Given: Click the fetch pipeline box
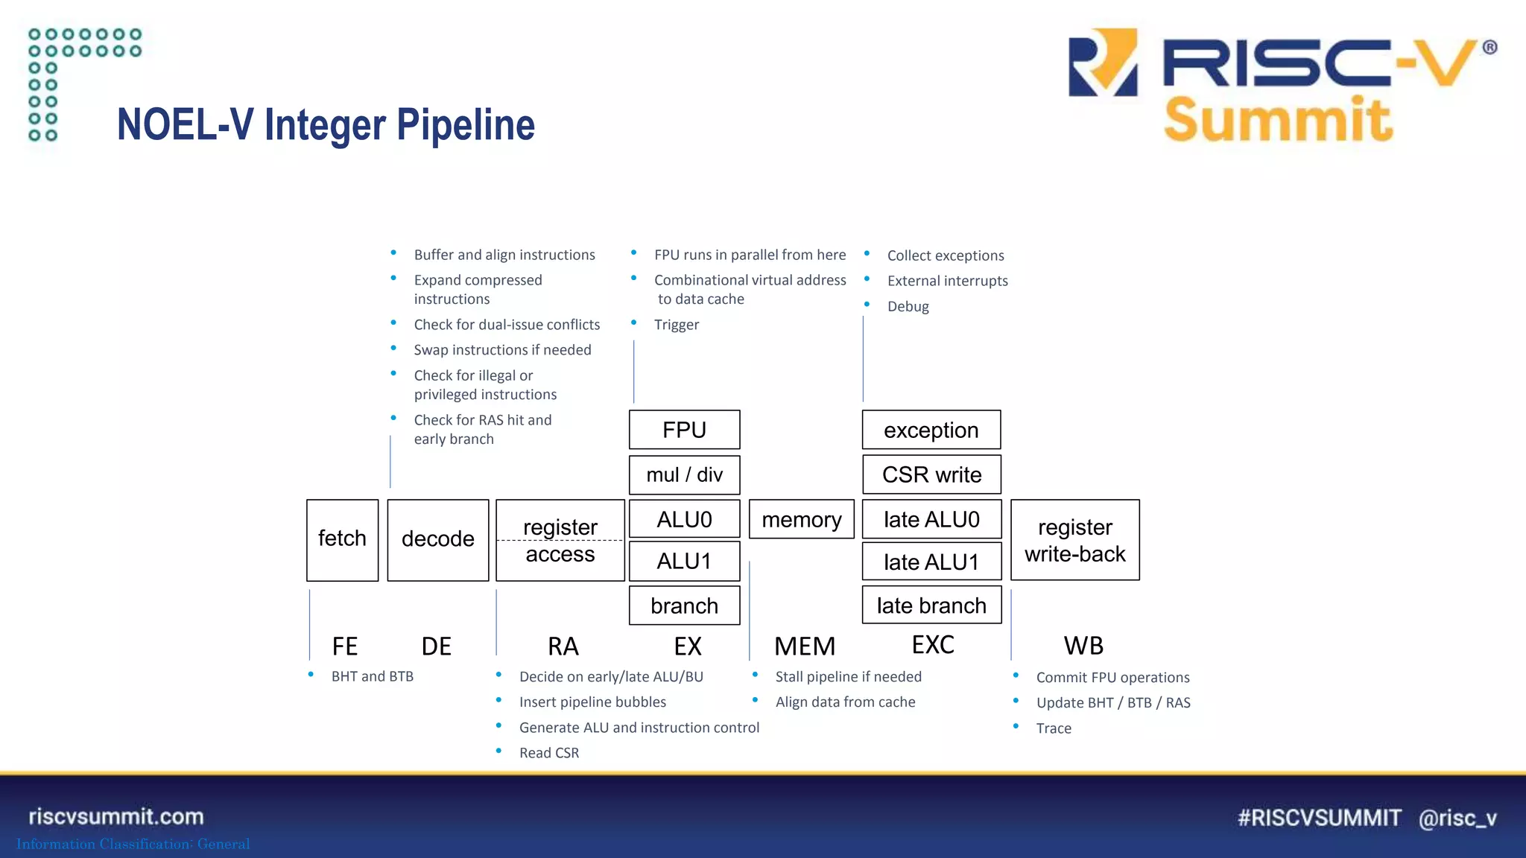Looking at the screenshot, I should [342, 540].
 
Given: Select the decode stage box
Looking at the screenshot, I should [438, 540].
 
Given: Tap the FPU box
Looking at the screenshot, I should [684, 430].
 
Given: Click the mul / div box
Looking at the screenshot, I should [684, 475].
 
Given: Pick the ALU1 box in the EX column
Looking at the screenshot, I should [684, 561].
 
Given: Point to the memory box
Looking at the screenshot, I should [801, 519].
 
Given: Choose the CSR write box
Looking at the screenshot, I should [931, 474].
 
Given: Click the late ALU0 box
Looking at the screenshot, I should [931, 519].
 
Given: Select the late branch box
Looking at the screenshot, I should [931, 606].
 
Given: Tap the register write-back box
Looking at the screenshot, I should [1074, 540].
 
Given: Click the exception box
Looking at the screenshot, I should [931, 430].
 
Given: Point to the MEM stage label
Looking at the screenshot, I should [804, 646].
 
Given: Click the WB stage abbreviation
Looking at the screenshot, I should [1083, 645].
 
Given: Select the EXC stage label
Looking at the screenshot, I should [933, 644].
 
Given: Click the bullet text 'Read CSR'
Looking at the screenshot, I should [548, 753].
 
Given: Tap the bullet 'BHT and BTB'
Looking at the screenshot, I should [372, 676].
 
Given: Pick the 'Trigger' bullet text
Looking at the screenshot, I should [676, 325].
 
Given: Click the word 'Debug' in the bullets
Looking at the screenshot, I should [908, 306].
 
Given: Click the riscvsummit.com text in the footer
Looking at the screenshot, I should [116, 816].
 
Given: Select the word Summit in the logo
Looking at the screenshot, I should [1277, 120].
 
